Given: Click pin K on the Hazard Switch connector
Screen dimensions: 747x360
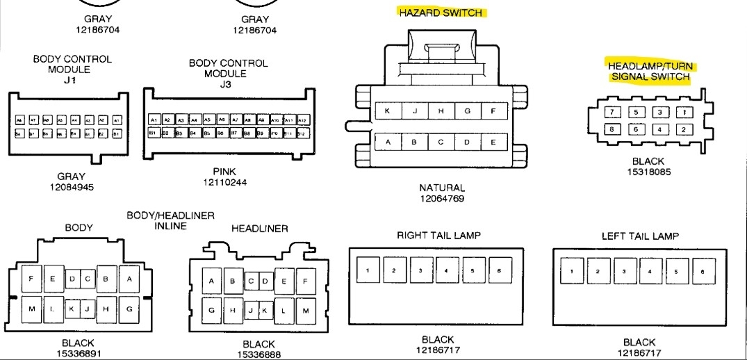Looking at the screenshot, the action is click(x=387, y=111).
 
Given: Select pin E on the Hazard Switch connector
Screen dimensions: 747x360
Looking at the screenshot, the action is click(x=493, y=142).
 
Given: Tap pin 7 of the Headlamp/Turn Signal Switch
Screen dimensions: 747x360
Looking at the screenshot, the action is click(x=611, y=112).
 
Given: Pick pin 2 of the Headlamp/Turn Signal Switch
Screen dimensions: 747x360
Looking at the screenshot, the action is click(x=684, y=129).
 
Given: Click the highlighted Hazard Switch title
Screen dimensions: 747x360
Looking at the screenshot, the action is click(x=441, y=13).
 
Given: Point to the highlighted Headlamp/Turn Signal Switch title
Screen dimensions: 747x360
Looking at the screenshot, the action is click(x=650, y=72).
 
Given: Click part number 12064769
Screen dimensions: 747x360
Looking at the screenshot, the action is click(x=442, y=199).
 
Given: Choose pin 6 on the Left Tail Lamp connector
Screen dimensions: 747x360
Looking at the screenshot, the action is click(x=702, y=271).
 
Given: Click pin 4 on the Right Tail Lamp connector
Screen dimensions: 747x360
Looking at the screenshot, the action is click(x=446, y=270).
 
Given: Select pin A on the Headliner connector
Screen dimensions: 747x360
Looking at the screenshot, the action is click(x=212, y=281).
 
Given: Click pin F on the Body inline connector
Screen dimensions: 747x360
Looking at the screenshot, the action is click(x=31, y=279).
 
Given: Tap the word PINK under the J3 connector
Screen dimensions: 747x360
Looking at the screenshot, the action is click(x=224, y=172).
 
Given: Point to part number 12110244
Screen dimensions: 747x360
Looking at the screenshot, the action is click(x=224, y=182).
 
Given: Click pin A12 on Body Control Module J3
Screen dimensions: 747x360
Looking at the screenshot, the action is click(x=301, y=120).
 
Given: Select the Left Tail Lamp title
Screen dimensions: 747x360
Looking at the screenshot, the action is click(x=640, y=236).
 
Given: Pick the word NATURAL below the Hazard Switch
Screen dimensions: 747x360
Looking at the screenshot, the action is click(x=442, y=188).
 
